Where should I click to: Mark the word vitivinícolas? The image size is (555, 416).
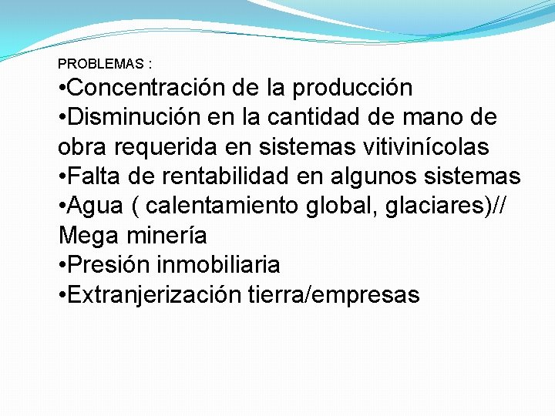(x=416, y=146)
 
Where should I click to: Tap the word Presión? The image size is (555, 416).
(x=108, y=264)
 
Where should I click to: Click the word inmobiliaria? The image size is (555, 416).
(x=218, y=264)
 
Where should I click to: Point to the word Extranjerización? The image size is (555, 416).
(x=154, y=294)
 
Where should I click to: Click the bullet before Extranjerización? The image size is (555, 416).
(x=62, y=294)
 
